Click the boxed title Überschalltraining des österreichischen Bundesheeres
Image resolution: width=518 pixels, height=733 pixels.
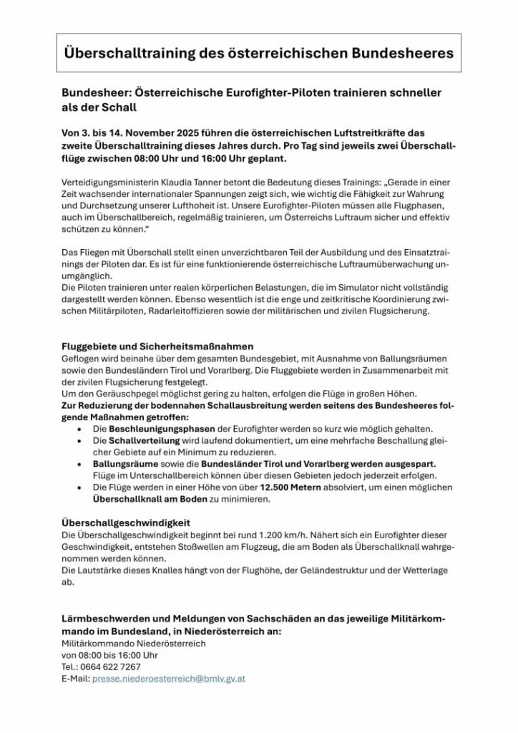tap(258, 53)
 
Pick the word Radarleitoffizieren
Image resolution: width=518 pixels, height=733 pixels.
tap(188, 312)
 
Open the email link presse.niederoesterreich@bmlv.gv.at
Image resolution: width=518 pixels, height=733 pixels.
tap(168, 678)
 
